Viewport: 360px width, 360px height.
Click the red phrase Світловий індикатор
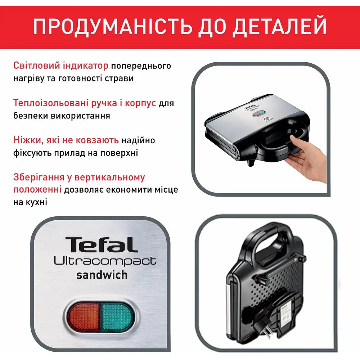pyautogui.click(x=60, y=66)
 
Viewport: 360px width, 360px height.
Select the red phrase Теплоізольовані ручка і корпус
pyautogui.click(x=85, y=103)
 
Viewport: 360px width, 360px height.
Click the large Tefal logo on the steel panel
pyautogui.click(x=102, y=245)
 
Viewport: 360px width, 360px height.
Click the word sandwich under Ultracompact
pyautogui.click(x=102, y=275)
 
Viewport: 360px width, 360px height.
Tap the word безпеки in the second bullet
pyautogui.click(x=28, y=116)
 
